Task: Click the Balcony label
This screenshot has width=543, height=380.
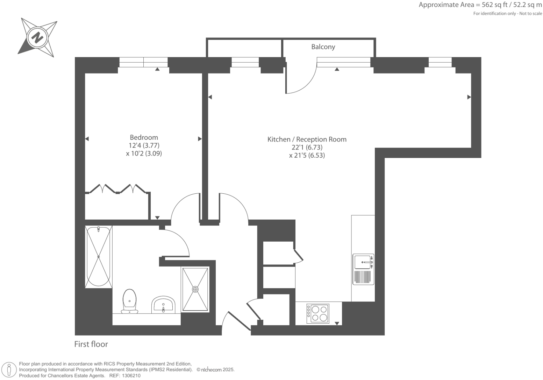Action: coord(323,47)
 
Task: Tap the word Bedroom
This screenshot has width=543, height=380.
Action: coord(144,138)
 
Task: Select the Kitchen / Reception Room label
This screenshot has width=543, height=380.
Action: coord(307,139)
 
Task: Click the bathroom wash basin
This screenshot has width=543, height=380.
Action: coord(163,304)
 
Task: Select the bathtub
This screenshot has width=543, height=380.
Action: coord(99,256)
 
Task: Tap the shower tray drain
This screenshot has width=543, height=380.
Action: coord(195,289)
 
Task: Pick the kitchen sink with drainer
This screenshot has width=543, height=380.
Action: coord(363,269)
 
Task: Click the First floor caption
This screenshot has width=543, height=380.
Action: coord(91,344)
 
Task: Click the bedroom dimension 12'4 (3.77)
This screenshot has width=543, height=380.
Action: coord(144,145)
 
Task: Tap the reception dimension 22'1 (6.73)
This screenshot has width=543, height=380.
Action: coord(307,147)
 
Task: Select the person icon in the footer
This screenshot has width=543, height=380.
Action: coord(9,370)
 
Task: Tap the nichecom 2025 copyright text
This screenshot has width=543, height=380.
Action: coord(215,370)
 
